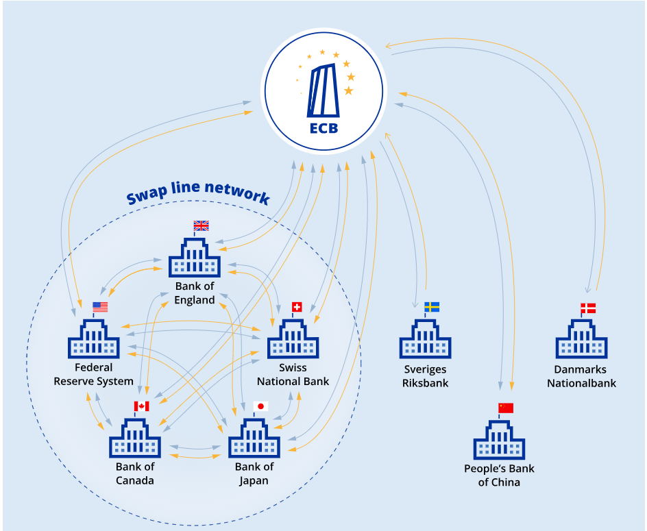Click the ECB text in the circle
pos(323,127)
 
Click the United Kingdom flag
pos(201,225)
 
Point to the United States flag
pos(100,307)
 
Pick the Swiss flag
pos(297,307)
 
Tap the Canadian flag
pos(142,406)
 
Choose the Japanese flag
pos(260,406)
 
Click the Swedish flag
pos(432,307)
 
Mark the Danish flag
pos(588,308)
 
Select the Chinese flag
pos(506,408)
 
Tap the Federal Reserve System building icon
pos(94,339)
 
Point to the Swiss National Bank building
pos(293,339)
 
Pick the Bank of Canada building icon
pos(135,439)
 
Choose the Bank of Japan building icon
pos(254,439)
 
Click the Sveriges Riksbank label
pos(425,376)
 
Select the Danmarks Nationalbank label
pos(581,376)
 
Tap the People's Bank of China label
pos(499,476)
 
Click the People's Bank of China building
pos(499,440)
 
